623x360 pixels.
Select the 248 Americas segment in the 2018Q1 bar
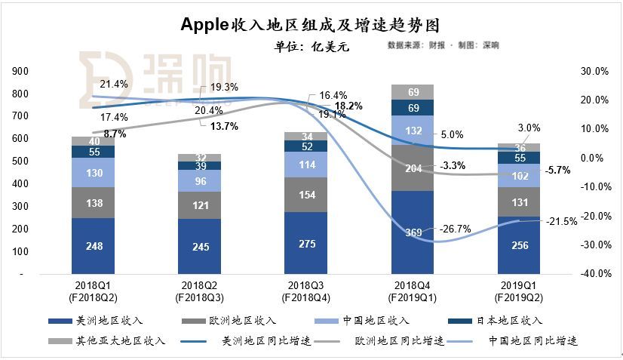94,246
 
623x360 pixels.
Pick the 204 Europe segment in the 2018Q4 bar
412,168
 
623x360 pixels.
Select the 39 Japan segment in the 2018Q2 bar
200,165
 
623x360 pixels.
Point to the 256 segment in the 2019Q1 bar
518,246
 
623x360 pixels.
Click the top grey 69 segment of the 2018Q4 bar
412,92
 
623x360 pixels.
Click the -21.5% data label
562,221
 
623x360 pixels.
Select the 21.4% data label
114,84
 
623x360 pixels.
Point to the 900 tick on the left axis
22,71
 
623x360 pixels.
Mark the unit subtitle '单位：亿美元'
312,46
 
